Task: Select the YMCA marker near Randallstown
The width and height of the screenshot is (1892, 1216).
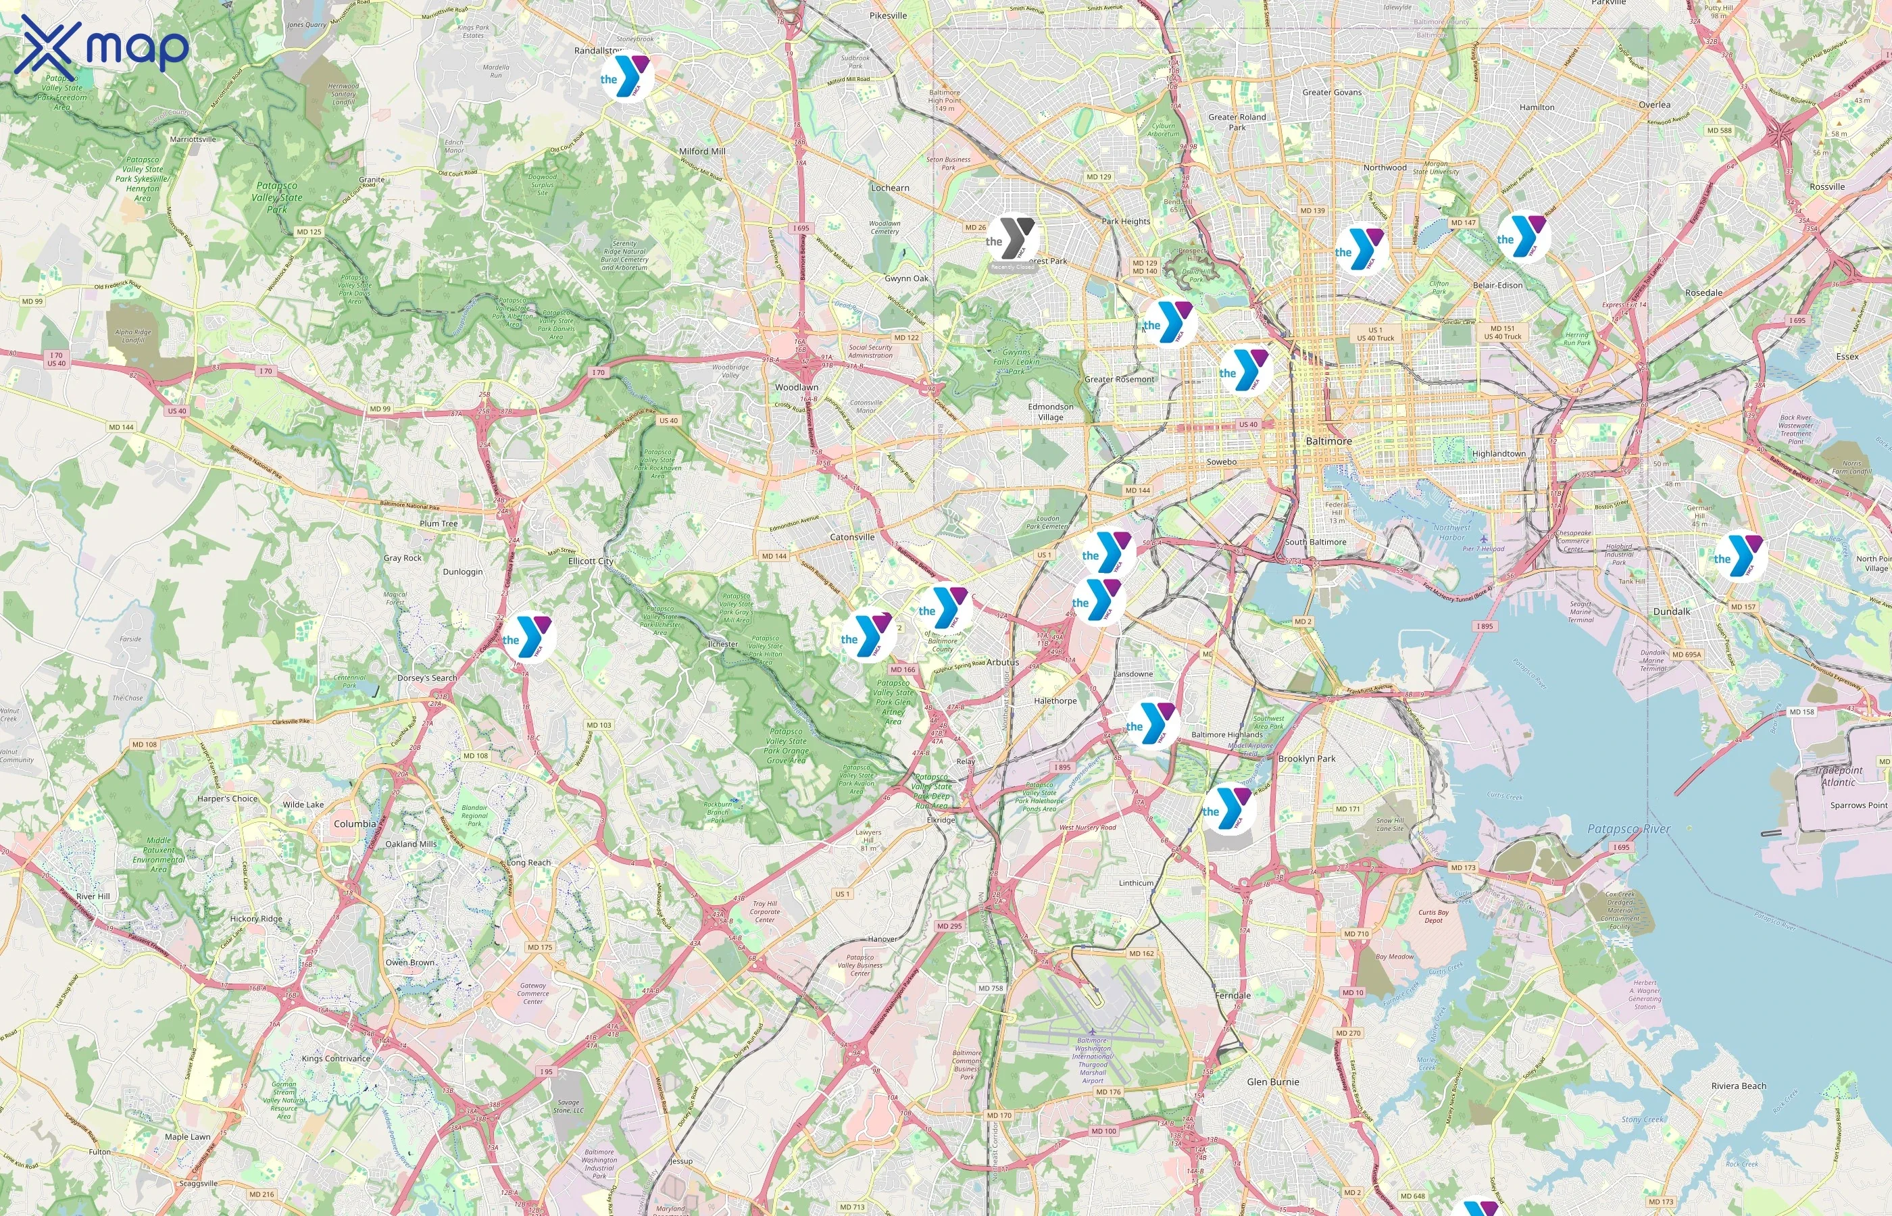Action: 627,76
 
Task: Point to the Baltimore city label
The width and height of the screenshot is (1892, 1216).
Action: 1328,440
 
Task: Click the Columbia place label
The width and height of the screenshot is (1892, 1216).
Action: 355,824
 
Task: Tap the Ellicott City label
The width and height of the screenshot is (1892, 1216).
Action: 591,561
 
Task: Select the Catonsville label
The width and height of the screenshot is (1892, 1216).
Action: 852,537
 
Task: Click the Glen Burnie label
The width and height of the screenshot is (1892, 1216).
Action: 1272,1082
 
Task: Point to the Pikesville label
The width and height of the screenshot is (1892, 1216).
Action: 888,16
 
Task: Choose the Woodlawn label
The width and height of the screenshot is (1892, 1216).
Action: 796,388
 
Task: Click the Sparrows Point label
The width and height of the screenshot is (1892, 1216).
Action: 1858,805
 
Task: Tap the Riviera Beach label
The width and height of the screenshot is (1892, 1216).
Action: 1738,1086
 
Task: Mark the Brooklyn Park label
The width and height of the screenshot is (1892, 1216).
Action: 1307,759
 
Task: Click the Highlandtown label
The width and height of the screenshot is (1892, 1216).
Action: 1498,454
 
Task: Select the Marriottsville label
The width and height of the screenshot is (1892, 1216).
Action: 193,140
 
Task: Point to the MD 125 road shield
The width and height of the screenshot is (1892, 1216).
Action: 309,232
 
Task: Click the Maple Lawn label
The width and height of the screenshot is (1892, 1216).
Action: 187,1137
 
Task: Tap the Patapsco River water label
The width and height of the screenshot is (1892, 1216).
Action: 1629,829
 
